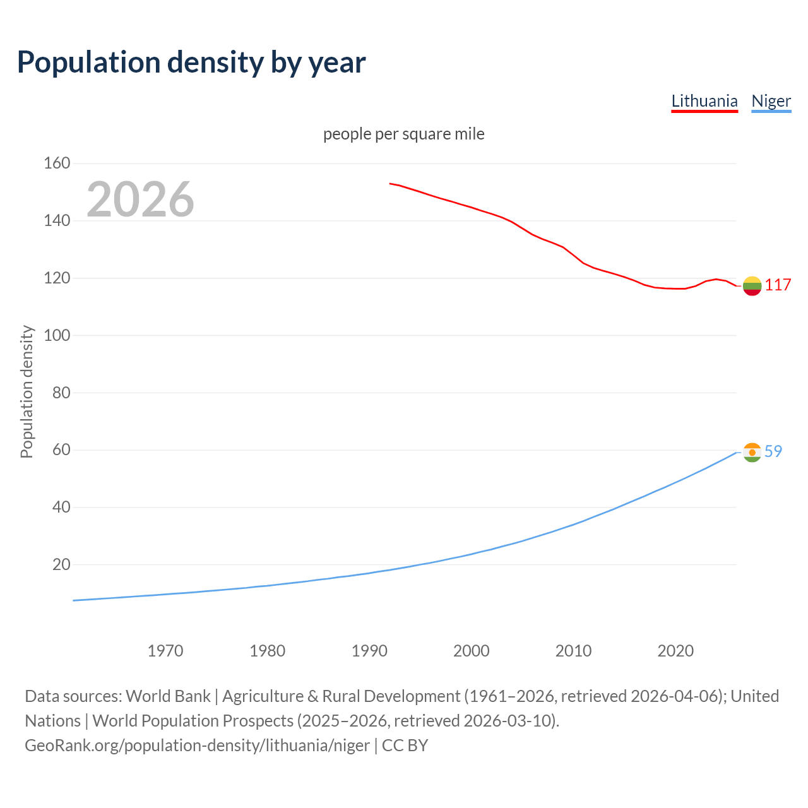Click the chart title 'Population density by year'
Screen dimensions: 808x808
[191, 62]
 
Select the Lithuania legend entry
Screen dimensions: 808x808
[704, 101]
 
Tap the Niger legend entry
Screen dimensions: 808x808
[771, 101]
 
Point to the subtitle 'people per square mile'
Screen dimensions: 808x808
[403, 134]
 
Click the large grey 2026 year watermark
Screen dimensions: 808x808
[140, 199]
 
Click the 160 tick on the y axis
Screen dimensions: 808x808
[57, 163]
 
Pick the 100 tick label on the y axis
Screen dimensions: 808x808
[57, 335]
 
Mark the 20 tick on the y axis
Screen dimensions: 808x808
[61, 564]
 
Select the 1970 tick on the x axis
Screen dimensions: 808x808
[165, 651]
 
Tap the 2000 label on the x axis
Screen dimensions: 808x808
[472, 651]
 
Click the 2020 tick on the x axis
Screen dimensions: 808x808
[675, 651]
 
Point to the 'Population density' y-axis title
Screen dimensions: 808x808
[27, 391]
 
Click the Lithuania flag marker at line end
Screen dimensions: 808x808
[752, 286]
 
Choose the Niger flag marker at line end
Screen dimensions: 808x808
[752, 453]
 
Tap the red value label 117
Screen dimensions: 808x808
[778, 285]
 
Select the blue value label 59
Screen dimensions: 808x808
[773, 452]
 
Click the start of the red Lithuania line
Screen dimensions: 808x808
[391, 184]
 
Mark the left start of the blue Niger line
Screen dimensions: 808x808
[74, 600]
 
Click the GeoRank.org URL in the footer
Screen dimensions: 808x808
[197, 746]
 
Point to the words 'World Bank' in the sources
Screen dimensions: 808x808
[168, 696]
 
